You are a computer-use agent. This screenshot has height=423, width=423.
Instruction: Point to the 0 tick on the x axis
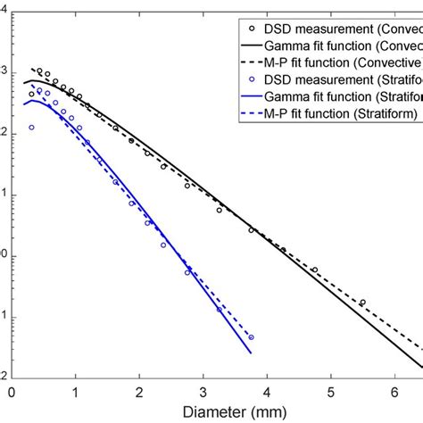(12, 390)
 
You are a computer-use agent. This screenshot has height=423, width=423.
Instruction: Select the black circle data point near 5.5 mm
(362, 303)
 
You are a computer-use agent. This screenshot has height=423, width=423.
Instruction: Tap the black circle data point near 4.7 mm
(314, 270)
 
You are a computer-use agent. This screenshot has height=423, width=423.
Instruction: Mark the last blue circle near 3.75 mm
(251, 337)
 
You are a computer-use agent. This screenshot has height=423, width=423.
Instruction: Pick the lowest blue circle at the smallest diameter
(31, 128)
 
